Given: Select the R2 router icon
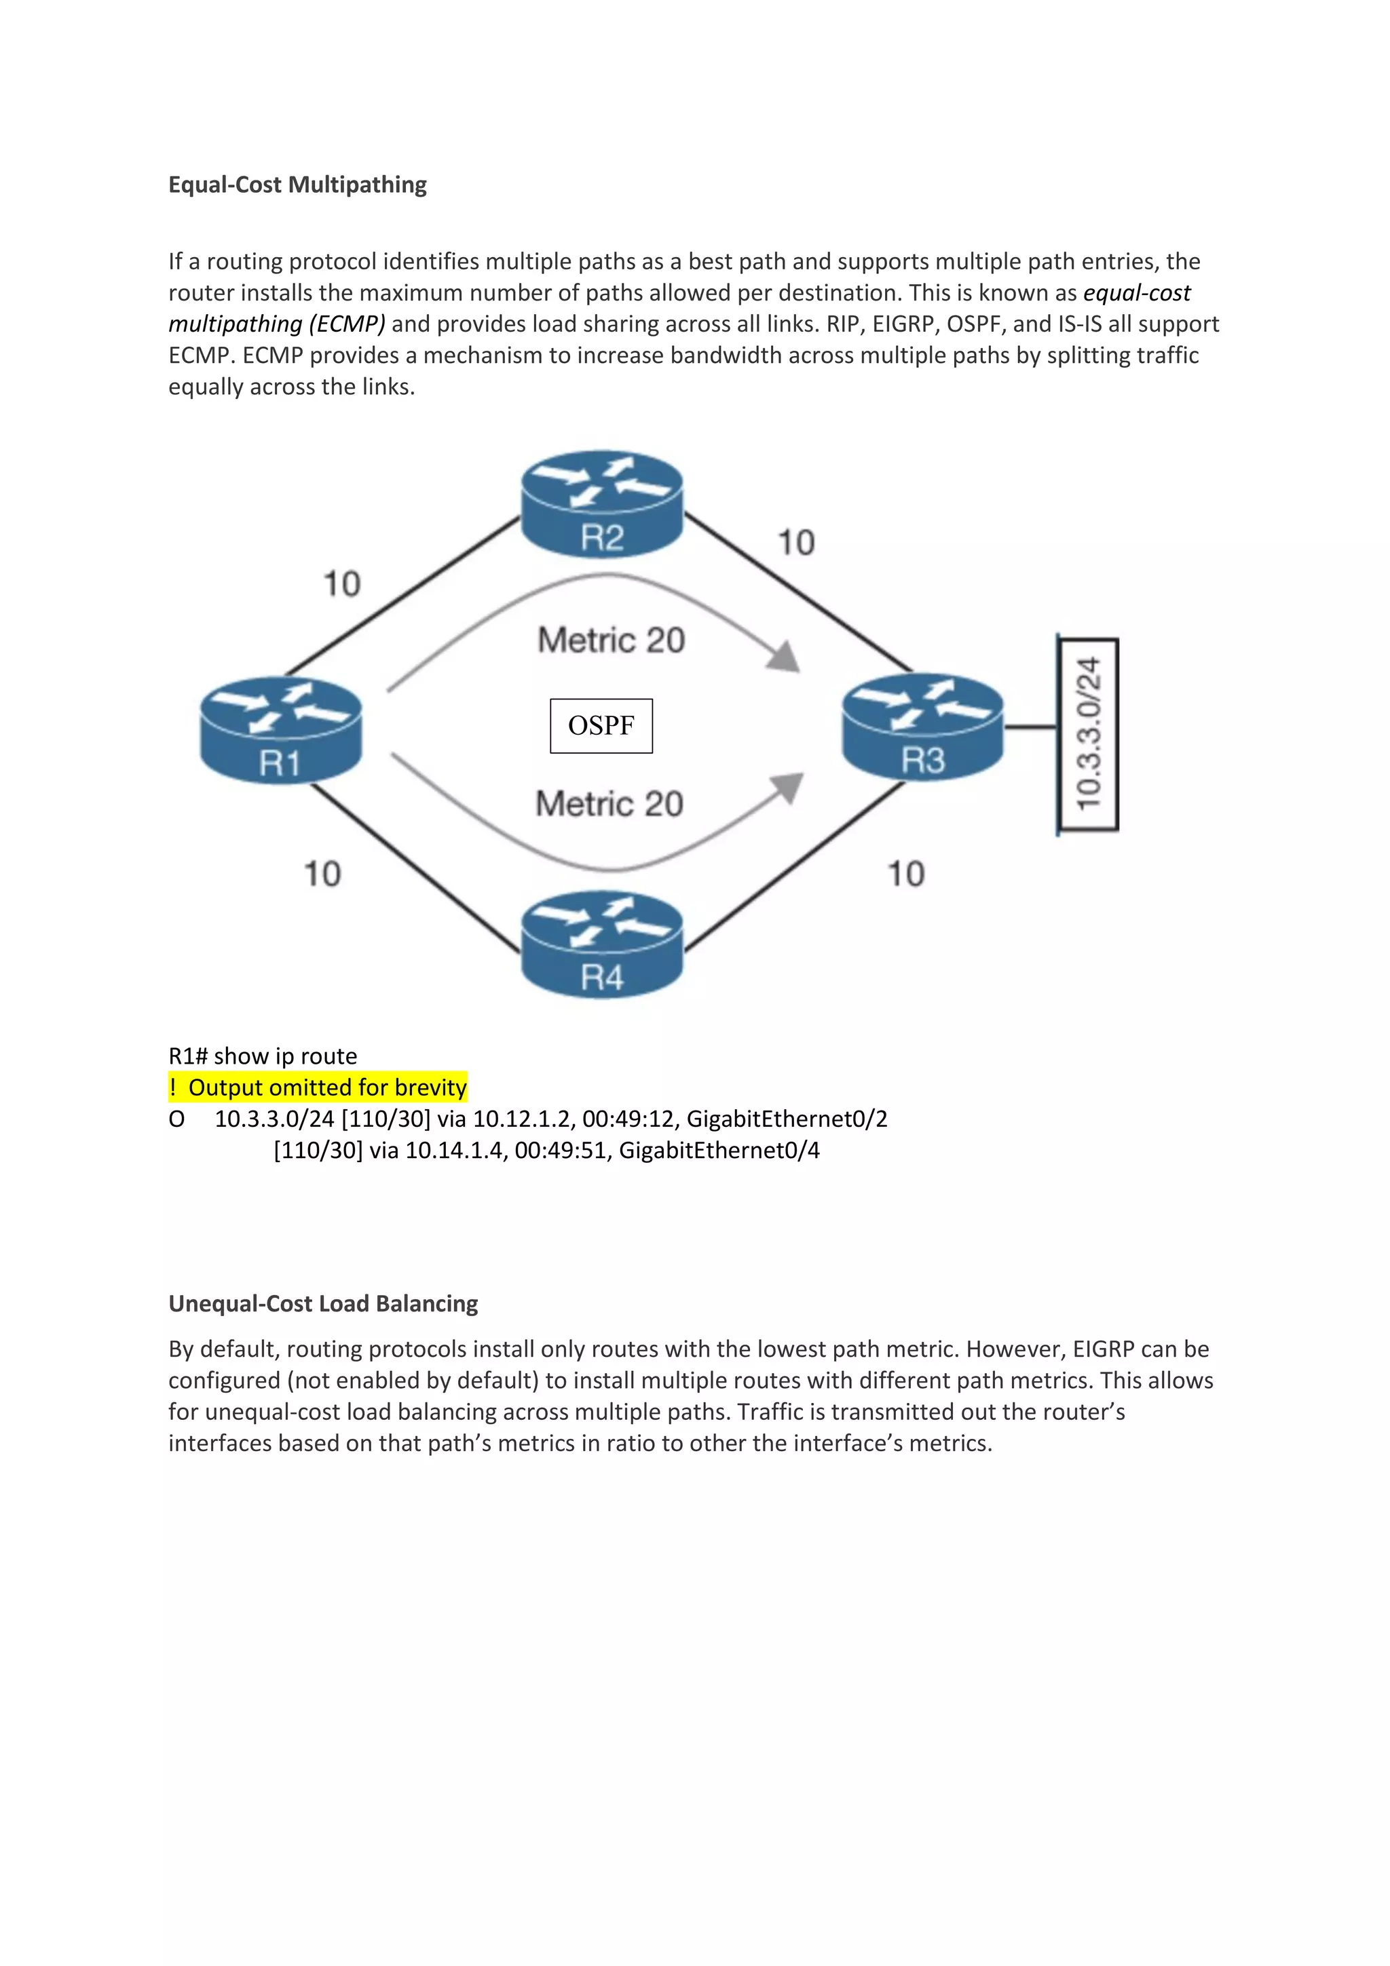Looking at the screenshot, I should (x=602, y=504).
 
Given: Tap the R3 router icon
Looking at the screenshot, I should (x=922, y=727).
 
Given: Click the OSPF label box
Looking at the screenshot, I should (x=601, y=726).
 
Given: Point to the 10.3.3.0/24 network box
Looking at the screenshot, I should (x=1088, y=734).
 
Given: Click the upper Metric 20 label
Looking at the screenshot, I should (x=612, y=640).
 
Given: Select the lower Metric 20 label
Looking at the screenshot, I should (x=609, y=804).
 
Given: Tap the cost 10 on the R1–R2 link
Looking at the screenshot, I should (x=341, y=584).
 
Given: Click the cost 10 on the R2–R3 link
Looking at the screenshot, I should (x=795, y=543).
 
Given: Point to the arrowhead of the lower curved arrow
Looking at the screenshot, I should (x=787, y=788).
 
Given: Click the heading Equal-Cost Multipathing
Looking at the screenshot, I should (x=297, y=185).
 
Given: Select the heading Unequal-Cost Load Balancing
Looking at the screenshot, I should (x=323, y=1303).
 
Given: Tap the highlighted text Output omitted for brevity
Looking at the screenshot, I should (x=327, y=1087).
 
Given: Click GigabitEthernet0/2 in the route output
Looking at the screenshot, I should (x=787, y=1119).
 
